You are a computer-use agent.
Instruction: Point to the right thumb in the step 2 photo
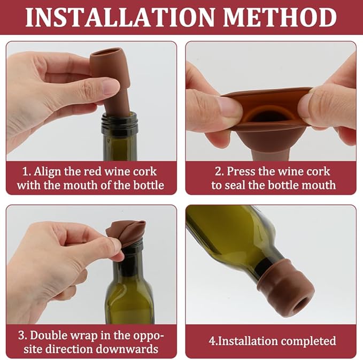tap(321, 104)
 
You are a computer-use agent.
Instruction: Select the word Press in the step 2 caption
tap(242, 172)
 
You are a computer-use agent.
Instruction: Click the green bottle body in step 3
tap(129, 300)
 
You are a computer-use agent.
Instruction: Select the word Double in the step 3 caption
tap(48, 335)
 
